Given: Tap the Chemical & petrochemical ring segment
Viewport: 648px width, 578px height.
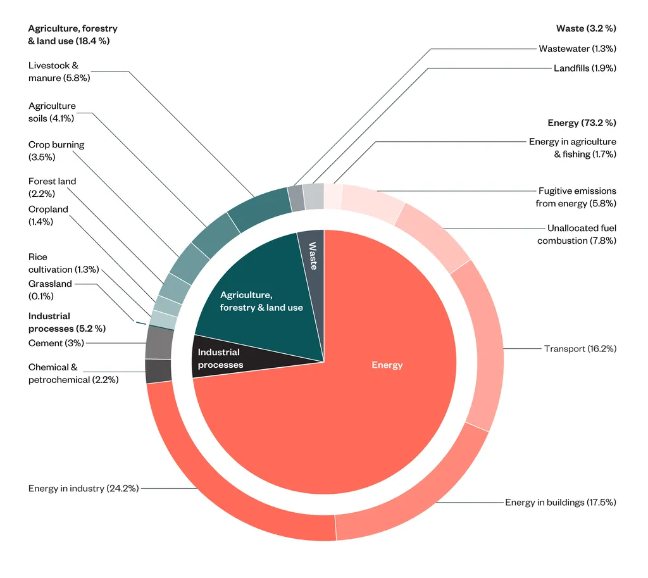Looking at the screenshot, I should (158, 371).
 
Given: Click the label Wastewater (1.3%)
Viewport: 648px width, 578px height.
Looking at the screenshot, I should (577, 48).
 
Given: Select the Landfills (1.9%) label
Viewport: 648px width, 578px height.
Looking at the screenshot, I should (585, 68).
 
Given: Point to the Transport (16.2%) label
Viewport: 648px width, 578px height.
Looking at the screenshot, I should (580, 348).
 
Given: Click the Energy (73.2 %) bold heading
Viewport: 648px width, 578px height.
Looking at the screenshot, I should (582, 123).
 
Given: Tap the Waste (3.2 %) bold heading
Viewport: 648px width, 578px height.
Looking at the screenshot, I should (586, 28).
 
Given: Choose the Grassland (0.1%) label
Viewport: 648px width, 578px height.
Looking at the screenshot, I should (50, 290).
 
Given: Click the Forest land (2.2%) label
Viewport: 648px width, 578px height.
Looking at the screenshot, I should (52, 187).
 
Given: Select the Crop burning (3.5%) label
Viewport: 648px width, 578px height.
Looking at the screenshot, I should (56, 151).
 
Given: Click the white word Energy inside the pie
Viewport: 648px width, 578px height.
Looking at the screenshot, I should (387, 365).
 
